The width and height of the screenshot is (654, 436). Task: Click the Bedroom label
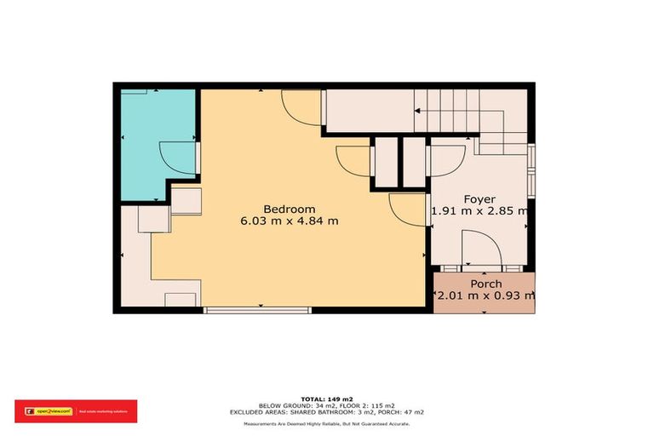tap(289, 209)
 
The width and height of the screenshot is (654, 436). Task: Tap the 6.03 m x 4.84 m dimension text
tap(290, 221)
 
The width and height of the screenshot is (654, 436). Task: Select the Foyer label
tap(479, 199)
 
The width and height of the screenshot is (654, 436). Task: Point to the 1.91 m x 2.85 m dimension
tap(479, 212)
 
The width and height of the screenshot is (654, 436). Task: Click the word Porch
tap(485, 284)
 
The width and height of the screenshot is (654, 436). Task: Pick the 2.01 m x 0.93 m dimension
tap(485, 296)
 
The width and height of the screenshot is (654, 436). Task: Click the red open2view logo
tap(75, 410)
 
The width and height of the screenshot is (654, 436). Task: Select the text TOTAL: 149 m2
tap(326, 398)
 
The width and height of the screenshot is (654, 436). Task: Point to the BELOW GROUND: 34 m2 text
tap(280, 405)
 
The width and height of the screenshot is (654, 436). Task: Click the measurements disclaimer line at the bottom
tap(326, 423)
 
